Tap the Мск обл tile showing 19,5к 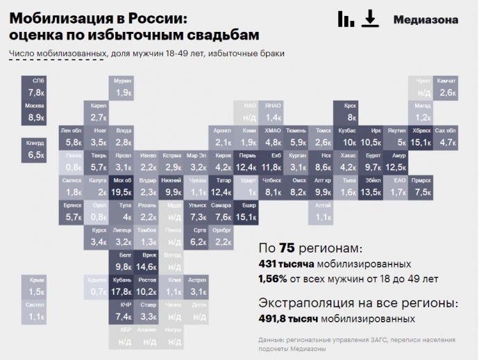coord(122,187)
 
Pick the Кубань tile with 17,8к coord(122,286)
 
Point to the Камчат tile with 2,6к coord(446,87)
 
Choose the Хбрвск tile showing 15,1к coord(421,137)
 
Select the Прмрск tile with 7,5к coord(421,187)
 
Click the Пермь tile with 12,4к coord(247,162)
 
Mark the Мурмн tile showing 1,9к coord(122,87)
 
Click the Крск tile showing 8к coord(350,112)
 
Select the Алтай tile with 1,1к coord(323,212)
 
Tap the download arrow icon coord(371,19)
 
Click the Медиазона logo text coord(426,19)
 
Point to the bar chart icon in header coord(345,19)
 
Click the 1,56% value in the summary coord(274,279)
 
